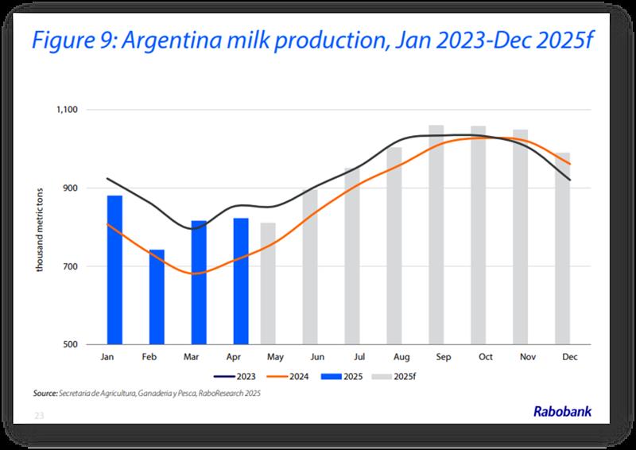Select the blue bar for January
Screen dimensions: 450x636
[114, 270]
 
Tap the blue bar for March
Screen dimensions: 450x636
[199, 282]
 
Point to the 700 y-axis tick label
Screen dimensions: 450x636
[82, 266]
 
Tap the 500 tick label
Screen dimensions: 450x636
[82, 344]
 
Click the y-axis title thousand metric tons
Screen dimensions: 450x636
[38, 227]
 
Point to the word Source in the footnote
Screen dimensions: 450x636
[45, 393]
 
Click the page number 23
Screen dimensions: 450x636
[37, 415]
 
